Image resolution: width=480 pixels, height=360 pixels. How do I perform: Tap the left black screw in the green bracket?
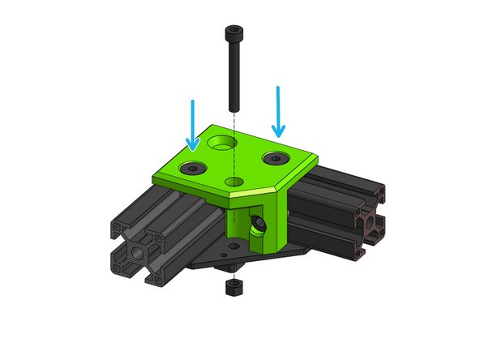pyautogui.click(x=196, y=168)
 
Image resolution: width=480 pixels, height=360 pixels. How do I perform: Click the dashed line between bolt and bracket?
pyautogui.click(x=233, y=122)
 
